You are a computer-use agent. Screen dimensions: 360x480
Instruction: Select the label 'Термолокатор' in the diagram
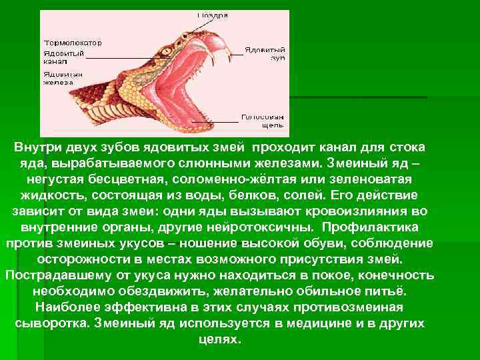tap(73, 41)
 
